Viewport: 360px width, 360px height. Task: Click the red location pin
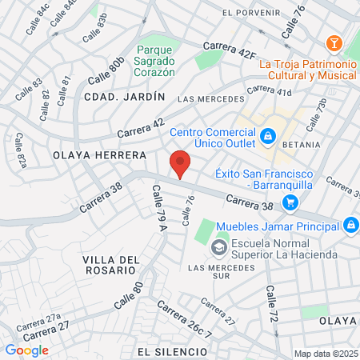point(181,162)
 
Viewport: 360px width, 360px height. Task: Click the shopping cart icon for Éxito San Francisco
point(290,202)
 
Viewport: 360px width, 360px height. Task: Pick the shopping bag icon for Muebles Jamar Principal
point(349,226)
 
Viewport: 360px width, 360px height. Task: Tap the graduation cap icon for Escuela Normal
point(218,248)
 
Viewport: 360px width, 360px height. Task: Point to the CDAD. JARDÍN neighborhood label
point(123,96)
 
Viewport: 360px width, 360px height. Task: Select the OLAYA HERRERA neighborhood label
point(99,154)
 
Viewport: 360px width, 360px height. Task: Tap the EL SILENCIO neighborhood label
point(172,351)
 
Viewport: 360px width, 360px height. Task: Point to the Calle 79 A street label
point(158,207)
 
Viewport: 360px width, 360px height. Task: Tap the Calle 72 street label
point(271,303)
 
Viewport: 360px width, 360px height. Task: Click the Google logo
point(26,350)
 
